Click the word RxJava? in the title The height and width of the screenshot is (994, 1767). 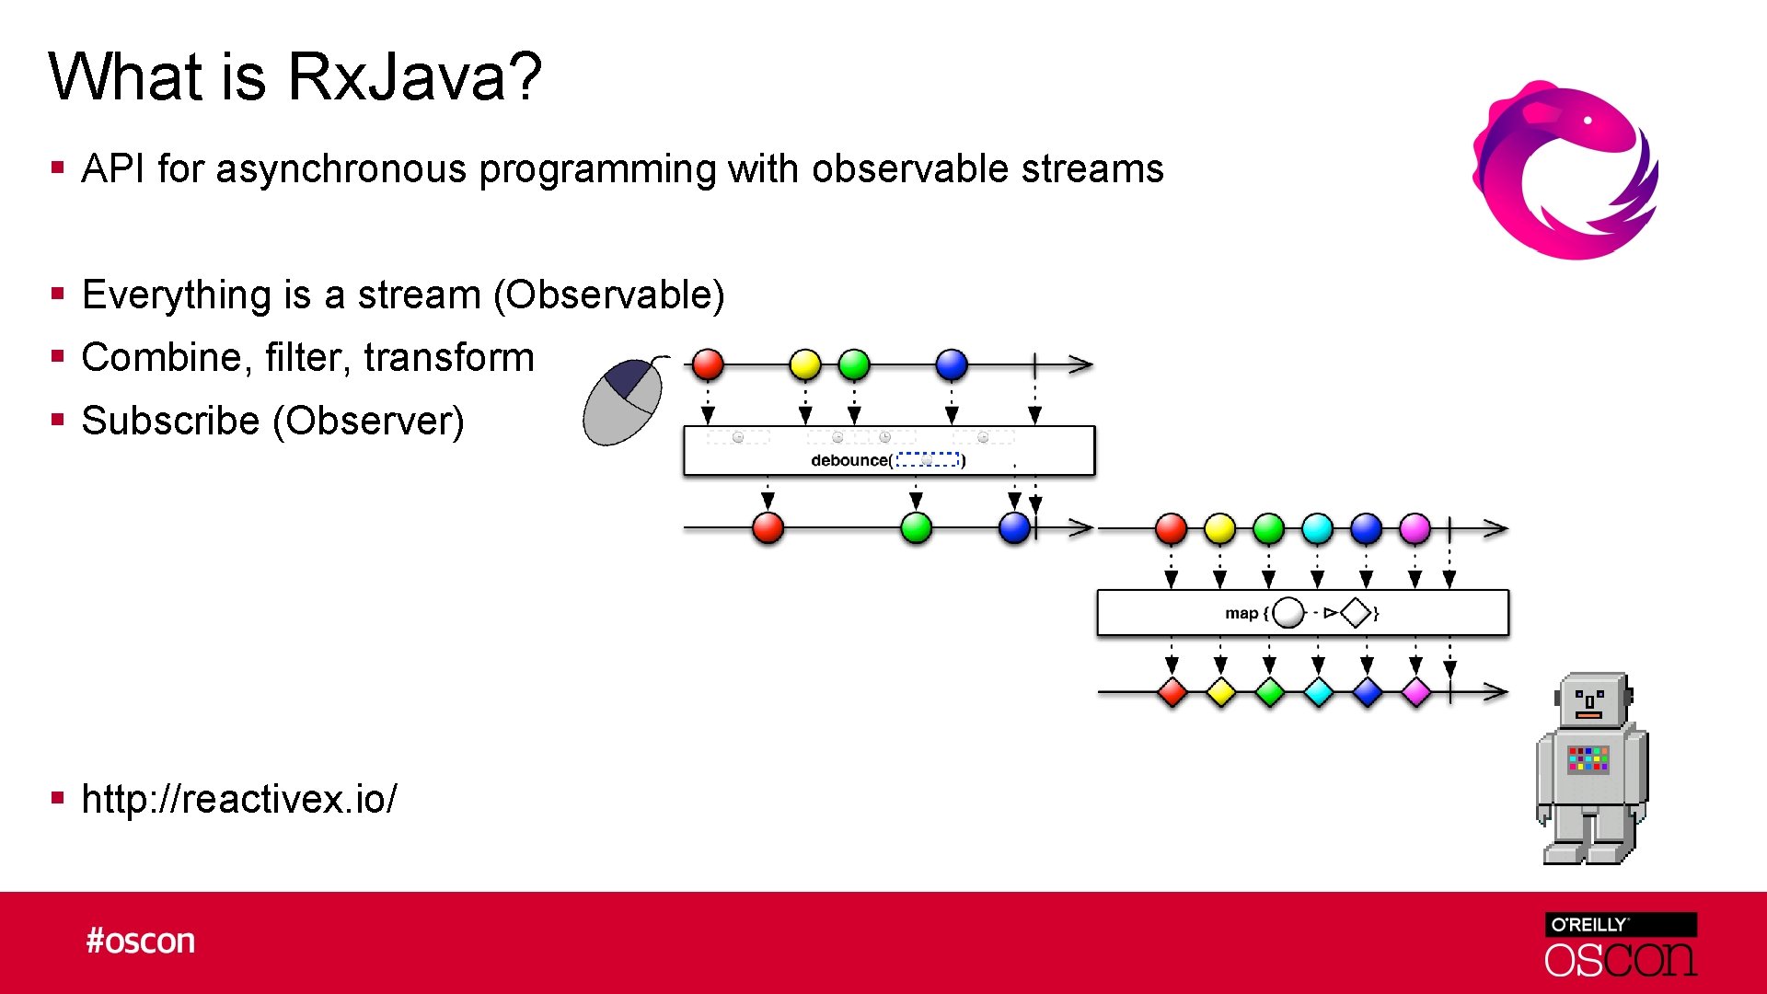coord(414,76)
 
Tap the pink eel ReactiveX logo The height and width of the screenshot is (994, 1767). coord(1565,170)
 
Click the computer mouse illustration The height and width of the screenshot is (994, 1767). coord(623,402)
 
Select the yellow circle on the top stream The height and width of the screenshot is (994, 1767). coord(805,364)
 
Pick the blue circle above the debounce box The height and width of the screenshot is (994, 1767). coord(952,364)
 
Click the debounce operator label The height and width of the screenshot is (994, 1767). coord(849,460)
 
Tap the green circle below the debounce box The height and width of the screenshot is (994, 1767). coord(916,528)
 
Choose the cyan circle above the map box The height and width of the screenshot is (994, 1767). coord(1317,528)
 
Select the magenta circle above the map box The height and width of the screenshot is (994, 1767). coord(1415,528)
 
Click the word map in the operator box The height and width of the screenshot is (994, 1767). coord(1241,613)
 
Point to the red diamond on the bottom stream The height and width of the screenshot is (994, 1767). coord(1172,692)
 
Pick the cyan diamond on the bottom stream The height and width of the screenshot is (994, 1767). coord(1318,692)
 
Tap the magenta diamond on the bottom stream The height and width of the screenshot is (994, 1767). coord(1415,692)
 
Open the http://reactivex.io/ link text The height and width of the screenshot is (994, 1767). coord(239,799)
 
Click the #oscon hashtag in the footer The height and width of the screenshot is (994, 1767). coord(141,942)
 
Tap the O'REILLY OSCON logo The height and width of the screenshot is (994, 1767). coord(1621,944)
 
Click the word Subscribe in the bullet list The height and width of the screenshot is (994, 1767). coord(171,421)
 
